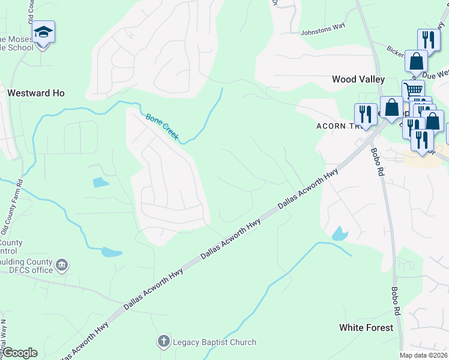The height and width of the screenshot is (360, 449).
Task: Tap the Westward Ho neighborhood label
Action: point(35,94)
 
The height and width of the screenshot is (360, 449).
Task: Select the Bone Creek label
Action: point(162,127)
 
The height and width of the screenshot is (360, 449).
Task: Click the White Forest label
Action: point(366,328)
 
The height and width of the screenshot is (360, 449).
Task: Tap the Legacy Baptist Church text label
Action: point(215,343)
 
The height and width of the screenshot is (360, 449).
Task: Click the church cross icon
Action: point(163,343)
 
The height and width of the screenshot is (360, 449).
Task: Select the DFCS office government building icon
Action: point(62,265)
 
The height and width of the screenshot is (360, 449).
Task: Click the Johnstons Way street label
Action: point(324,32)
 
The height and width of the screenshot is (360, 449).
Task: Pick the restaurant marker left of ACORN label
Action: point(364,113)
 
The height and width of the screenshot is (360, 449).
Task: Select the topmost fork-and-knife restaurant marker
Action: point(429,40)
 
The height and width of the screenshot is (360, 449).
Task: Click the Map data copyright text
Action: point(423,355)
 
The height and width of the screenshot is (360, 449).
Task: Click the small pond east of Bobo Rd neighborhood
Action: point(339,234)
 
